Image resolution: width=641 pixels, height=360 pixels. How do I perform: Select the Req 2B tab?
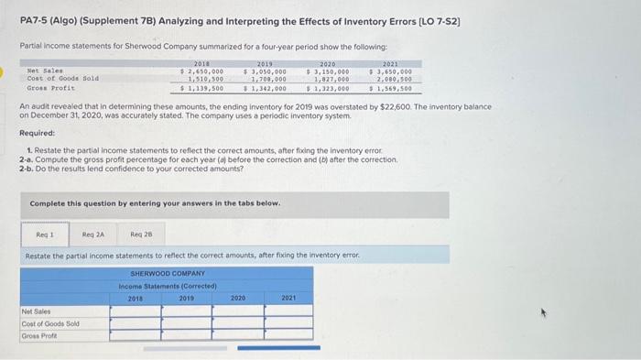point(142,235)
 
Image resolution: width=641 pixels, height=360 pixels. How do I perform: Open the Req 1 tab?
point(39,235)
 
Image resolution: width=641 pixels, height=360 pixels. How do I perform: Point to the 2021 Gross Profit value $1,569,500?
point(390,88)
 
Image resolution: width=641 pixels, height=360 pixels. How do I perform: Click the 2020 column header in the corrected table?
point(238,298)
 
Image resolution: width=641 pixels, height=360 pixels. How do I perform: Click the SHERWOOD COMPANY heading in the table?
point(168,273)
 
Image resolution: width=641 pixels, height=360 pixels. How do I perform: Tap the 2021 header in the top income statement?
point(390,62)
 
